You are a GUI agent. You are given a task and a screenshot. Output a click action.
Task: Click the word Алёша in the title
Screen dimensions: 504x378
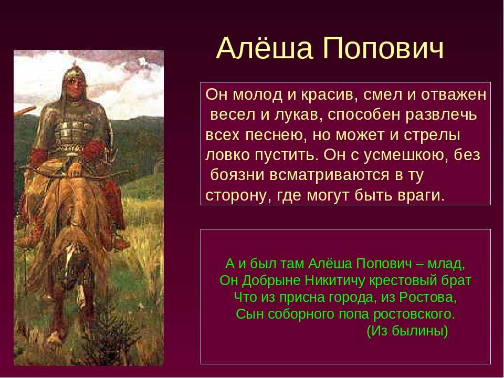click(x=265, y=48)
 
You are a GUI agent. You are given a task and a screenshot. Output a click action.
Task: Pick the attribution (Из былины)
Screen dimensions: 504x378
click(x=407, y=331)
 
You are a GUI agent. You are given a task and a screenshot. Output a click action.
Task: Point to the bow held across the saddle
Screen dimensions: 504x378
click(x=69, y=174)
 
